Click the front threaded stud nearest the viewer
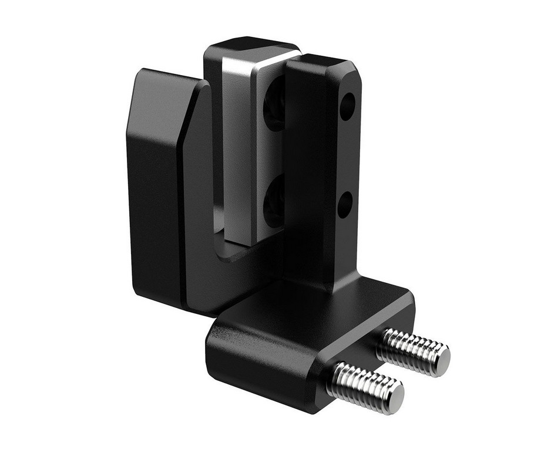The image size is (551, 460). (364, 385)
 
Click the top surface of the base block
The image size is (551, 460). (305, 317)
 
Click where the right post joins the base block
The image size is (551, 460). (335, 287)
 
